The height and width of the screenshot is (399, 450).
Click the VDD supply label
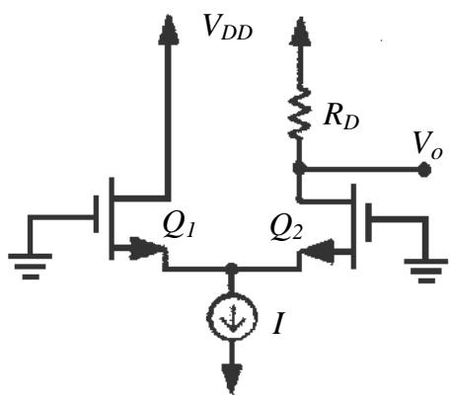(228, 28)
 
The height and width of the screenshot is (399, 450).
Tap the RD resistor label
(341, 117)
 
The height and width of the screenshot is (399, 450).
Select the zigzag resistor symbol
(299, 112)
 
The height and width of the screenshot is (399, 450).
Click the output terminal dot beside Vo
(424, 170)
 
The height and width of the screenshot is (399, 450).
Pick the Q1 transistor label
(180, 226)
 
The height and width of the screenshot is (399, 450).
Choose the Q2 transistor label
(286, 228)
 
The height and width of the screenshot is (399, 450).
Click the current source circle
(232, 318)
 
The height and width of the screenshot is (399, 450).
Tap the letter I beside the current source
(278, 323)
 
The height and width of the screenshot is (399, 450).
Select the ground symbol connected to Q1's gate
(31, 266)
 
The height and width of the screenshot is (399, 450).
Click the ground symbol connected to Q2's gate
(426, 271)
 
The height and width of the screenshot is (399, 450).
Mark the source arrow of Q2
(318, 252)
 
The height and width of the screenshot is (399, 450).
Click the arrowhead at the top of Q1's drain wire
(169, 31)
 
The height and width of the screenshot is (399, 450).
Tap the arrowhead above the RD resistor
(300, 32)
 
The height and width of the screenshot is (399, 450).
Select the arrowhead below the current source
(232, 378)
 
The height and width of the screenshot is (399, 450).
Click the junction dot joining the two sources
(232, 269)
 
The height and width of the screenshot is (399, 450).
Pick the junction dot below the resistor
(299, 169)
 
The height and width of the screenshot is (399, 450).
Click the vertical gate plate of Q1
(96, 214)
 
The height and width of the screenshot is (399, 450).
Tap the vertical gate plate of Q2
(368, 222)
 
